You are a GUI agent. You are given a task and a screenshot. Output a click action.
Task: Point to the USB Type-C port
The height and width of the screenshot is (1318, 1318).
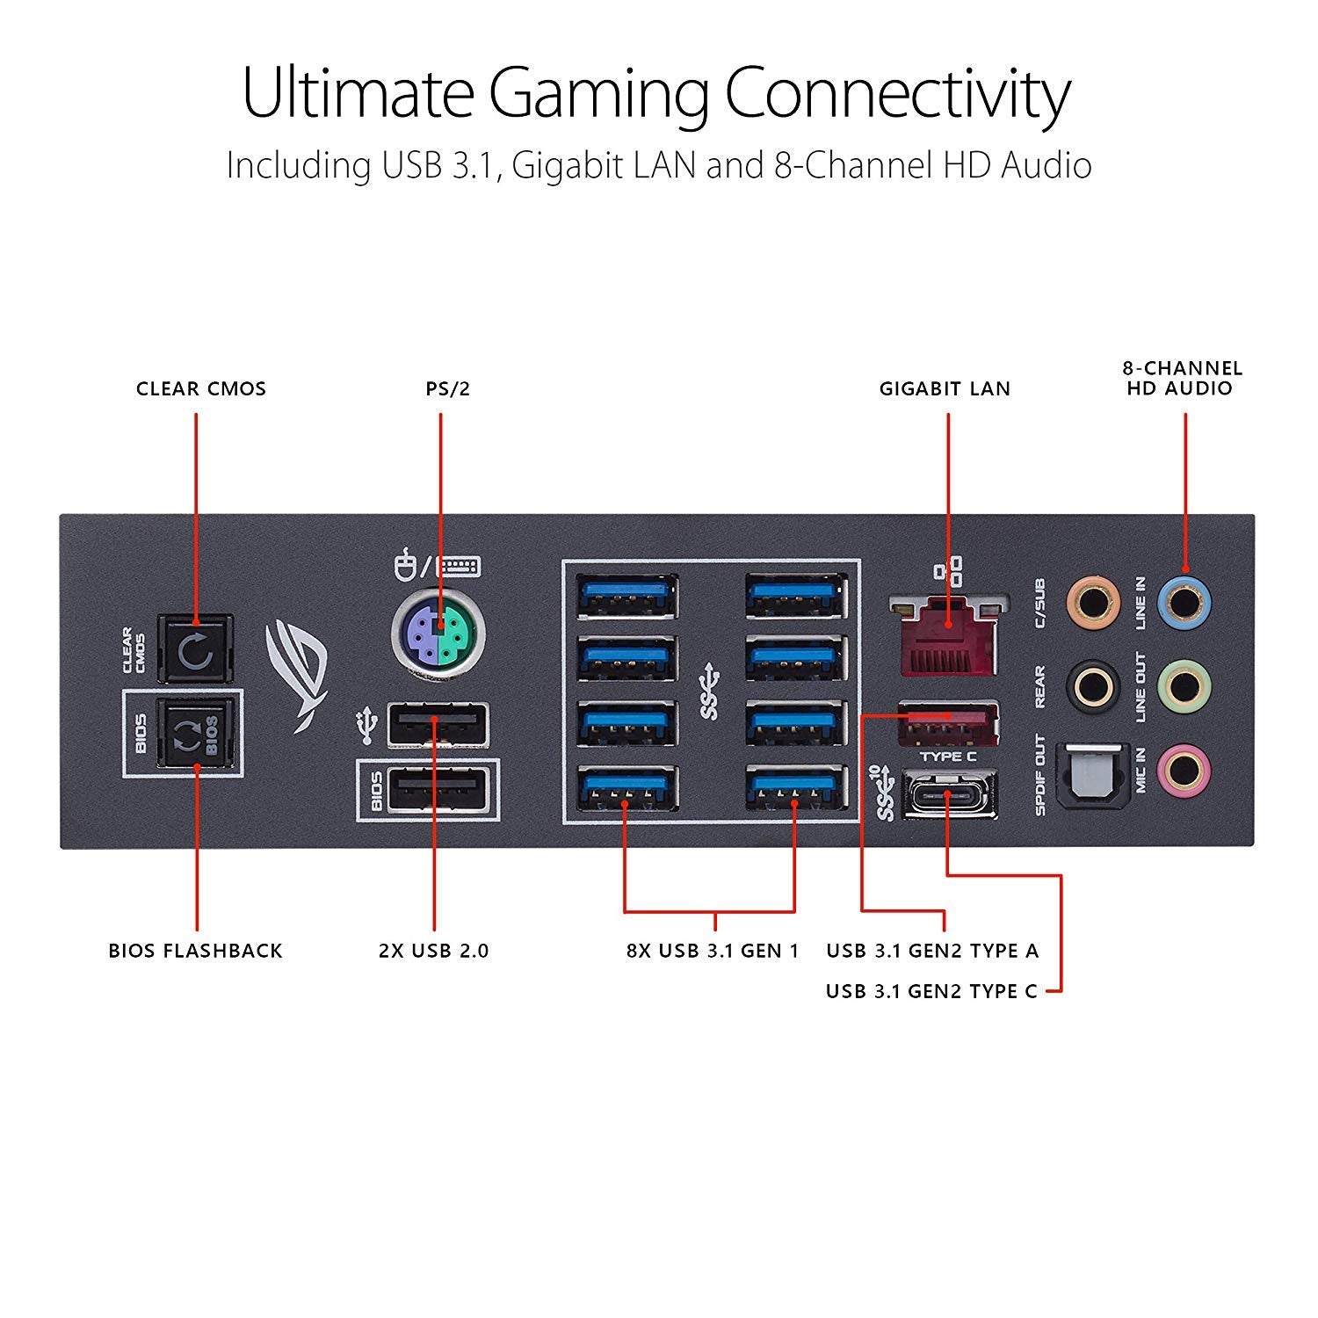coord(947,794)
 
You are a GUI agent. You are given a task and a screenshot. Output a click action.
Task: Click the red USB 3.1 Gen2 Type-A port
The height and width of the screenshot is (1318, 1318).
coord(947,721)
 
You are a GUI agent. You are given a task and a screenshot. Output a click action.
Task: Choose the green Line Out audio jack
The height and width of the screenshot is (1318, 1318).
coord(1184,685)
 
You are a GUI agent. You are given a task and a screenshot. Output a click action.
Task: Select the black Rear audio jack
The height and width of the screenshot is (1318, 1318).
coord(1092,685)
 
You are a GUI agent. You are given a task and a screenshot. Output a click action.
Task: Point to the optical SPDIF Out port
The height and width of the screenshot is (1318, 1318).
coord(1092,773)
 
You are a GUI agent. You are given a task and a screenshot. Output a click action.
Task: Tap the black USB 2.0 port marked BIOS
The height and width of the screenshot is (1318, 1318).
coord(437,790)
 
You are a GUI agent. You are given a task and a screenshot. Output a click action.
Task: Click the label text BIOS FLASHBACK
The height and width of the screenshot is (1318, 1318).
coord(195,951)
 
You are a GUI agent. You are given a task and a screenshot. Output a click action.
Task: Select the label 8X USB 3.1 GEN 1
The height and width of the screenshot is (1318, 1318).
coord(713,951)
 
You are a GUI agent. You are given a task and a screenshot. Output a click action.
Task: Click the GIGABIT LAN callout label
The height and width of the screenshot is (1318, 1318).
coord(945,388)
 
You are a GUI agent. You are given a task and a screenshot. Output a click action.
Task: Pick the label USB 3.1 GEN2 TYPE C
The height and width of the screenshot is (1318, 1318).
coord(931,991)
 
